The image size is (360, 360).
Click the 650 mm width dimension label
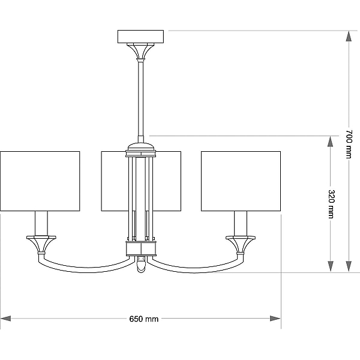tap(144, 319)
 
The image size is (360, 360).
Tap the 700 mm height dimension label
tap(349, 144)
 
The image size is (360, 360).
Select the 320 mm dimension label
tap(331, 204)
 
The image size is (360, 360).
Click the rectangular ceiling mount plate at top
tap(141, 37)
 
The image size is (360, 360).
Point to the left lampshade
tap(40, 181)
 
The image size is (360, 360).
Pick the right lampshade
tap(241, 181)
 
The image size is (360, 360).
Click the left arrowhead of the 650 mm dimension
tap(6, 319)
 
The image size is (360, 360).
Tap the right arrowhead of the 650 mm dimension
tap(275, 319)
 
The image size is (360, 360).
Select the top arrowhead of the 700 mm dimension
tap(349, 36)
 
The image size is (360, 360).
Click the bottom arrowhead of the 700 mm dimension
tap(349, 267)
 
